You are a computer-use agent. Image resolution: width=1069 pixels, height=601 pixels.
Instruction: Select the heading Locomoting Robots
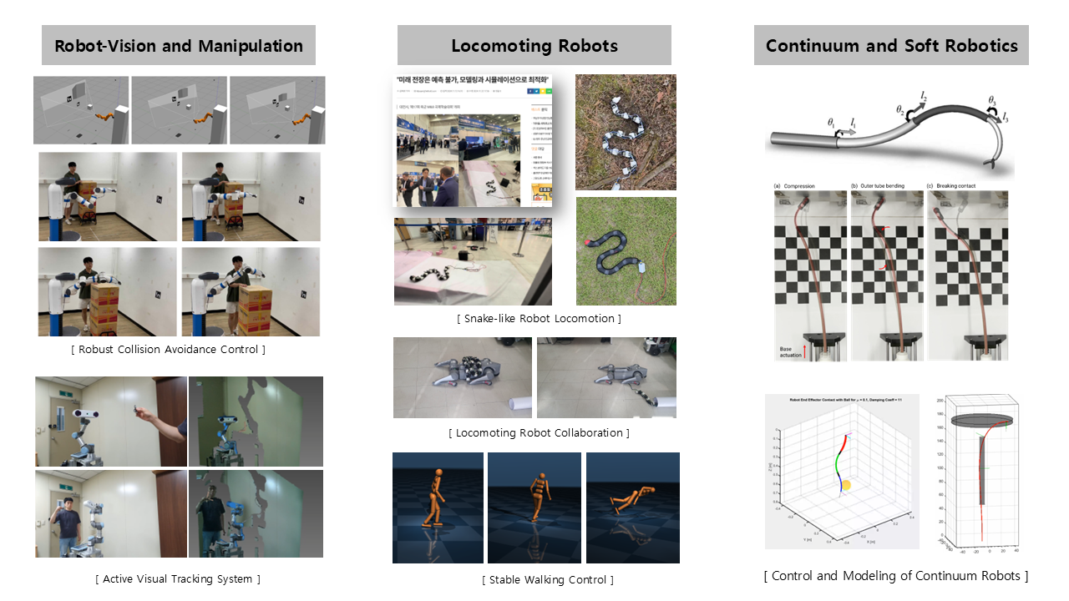coord(534,45)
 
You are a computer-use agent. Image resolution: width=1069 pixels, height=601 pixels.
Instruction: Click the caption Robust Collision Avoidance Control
coord(168,349)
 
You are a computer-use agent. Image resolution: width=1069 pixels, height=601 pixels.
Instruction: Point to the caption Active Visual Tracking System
coord(178,578)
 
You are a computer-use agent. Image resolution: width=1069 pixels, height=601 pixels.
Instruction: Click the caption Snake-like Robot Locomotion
coord(539,318)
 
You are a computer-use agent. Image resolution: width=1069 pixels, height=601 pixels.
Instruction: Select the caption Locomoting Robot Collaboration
coord(539,432)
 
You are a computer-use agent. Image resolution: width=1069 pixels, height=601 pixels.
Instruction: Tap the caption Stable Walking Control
coord(548,579)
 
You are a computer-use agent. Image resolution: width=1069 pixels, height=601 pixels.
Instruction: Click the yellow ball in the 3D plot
coord(845,485)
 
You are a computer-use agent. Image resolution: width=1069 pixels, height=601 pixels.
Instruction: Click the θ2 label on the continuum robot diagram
coord(900,110)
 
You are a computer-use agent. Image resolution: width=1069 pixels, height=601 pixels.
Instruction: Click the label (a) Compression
coord(794,185)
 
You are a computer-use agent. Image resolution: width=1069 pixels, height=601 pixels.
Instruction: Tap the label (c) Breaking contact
coord(958,185)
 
